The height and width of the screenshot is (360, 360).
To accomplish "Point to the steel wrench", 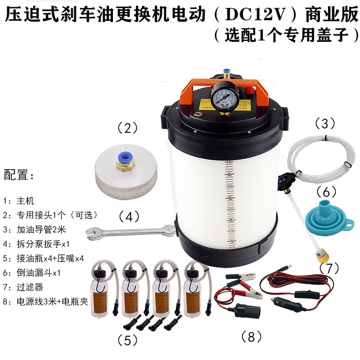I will click(130, 231).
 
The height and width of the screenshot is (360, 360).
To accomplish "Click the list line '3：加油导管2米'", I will click(34, 229).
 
